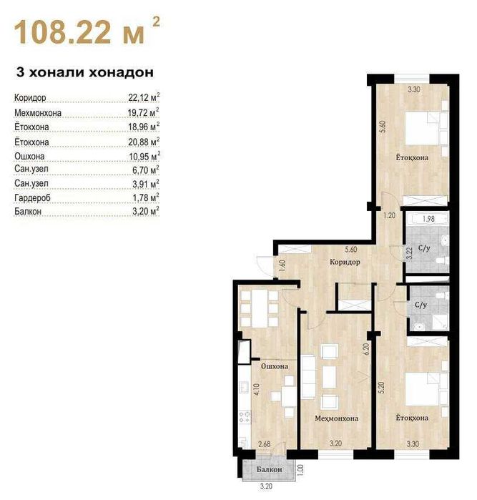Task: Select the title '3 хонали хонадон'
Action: [x=85, y=72]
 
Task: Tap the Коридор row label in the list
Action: [x=30, y=97]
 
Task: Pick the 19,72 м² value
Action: [x=144, y=112]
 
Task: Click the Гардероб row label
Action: [x=32, y=198]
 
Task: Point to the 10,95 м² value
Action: [x=144, y=156]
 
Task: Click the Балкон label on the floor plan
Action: [x=270, y=469]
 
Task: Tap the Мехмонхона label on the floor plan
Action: [x=336, y=418]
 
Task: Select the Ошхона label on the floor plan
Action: [x=275, y=366]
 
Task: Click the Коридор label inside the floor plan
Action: [x=345, y=262]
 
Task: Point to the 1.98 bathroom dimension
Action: [x=428, y=219]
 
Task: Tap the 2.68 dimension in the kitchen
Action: [x=265, y=443]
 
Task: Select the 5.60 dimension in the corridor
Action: [x=350, y=249]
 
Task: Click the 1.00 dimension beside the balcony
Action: [x=300, y=470]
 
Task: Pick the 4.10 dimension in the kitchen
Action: [x=257, y=390]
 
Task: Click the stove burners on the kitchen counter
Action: [x=245, y=417]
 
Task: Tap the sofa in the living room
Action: [x=308, y=376]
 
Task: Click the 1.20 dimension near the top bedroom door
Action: [x=389, y=215]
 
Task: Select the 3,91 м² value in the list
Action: [x=146, y=184]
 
